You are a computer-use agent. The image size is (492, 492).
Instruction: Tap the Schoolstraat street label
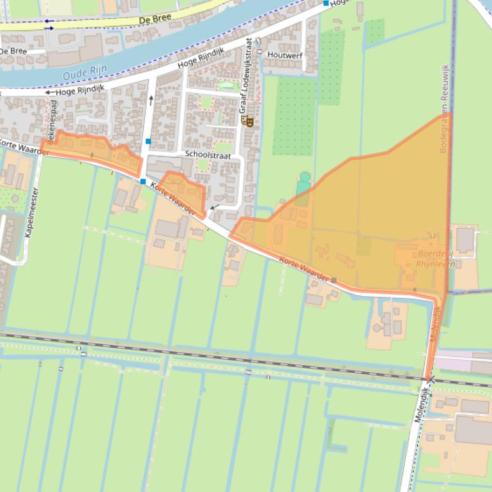(x=207, y=155)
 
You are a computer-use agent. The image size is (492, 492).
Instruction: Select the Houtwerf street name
(x=284, y=55)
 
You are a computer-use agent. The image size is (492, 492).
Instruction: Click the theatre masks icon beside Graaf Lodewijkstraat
(x=250, y=121)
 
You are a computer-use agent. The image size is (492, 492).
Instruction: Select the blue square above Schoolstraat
(x=148, y=141)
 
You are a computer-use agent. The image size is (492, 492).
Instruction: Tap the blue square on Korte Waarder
(x=143, y=182)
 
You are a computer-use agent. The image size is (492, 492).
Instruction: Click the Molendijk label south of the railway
(x=419, y=409)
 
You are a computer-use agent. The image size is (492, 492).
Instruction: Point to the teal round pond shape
(x=305, y=177)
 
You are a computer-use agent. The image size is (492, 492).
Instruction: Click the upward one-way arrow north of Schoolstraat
(x=151, y=99)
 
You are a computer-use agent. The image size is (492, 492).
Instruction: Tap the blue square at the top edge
(x=326, y=3)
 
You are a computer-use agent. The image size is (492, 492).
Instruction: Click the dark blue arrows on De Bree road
(x=49, y=24)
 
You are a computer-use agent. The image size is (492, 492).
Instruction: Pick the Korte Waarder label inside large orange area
(x=304, y=269)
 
